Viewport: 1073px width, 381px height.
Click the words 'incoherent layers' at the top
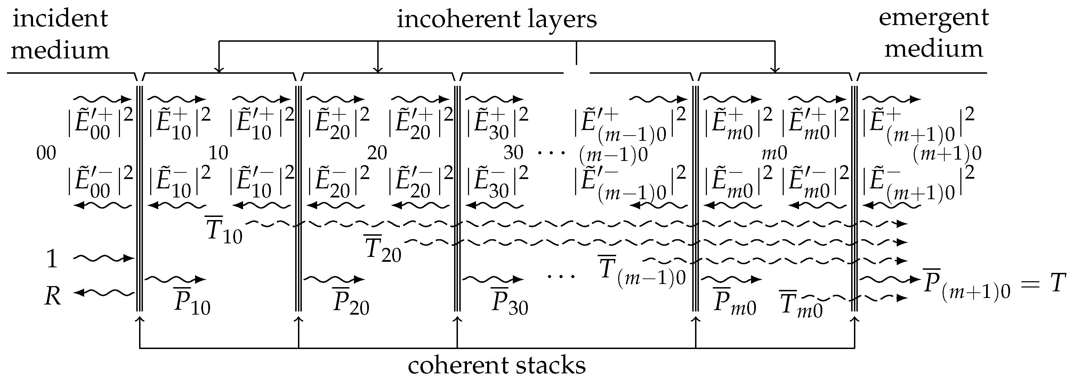point(497,19)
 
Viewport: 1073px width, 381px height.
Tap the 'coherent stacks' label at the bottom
point(497,365)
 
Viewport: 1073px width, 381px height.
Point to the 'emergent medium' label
point(934,33)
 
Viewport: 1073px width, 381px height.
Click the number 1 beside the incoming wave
point(52,259)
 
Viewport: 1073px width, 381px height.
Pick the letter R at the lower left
point(53,297)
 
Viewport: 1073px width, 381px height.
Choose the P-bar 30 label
point(509,301)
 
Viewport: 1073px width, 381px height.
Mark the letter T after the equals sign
point(1056,283)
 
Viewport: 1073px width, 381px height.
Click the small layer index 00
point(46,153)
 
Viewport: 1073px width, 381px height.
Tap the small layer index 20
point(377,153)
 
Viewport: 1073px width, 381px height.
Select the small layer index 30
point(513,153)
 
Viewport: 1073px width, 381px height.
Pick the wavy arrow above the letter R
point(104,259)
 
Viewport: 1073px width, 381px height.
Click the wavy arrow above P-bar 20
point(334,278)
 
